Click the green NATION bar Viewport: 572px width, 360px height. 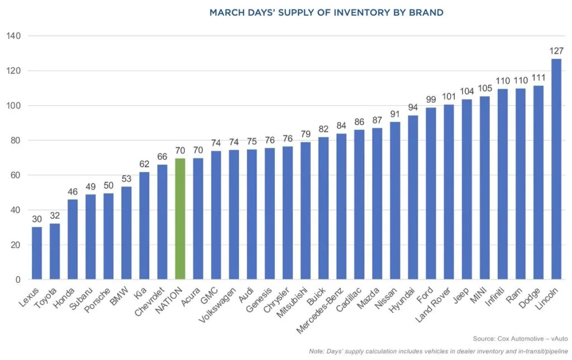click(x=180, y=219)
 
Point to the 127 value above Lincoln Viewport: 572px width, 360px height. click(x=556, y=51)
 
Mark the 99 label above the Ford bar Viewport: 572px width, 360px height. click(x=431, y=100)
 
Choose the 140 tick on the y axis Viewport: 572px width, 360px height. click(x=14, y=36)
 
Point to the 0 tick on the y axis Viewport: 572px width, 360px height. click(x=18, y=280)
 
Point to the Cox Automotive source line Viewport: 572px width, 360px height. click(x=519, y=339)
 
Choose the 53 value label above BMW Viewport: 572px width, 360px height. click(x=126, y=179)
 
